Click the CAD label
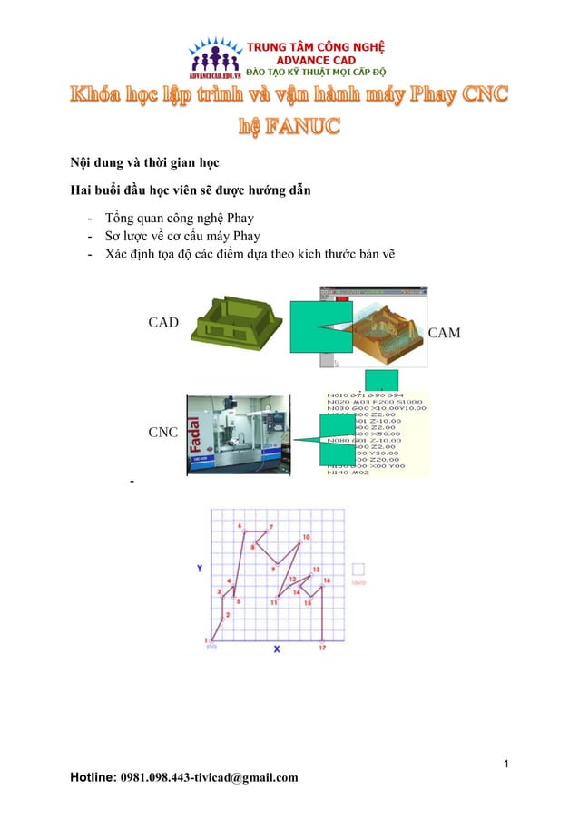[x=163, y=322]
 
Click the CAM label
[x=444, y=333]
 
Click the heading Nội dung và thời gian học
[x=134, y=163]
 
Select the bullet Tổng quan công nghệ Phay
[x=179, y=219]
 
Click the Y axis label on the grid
[x=200, y=567]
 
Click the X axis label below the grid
[x=277, y=649]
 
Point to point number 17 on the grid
[x=322, y=648]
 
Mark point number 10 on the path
[x=306, y=537]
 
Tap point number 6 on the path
[x=240, y=525]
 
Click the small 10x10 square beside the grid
[x=359, y=570]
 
